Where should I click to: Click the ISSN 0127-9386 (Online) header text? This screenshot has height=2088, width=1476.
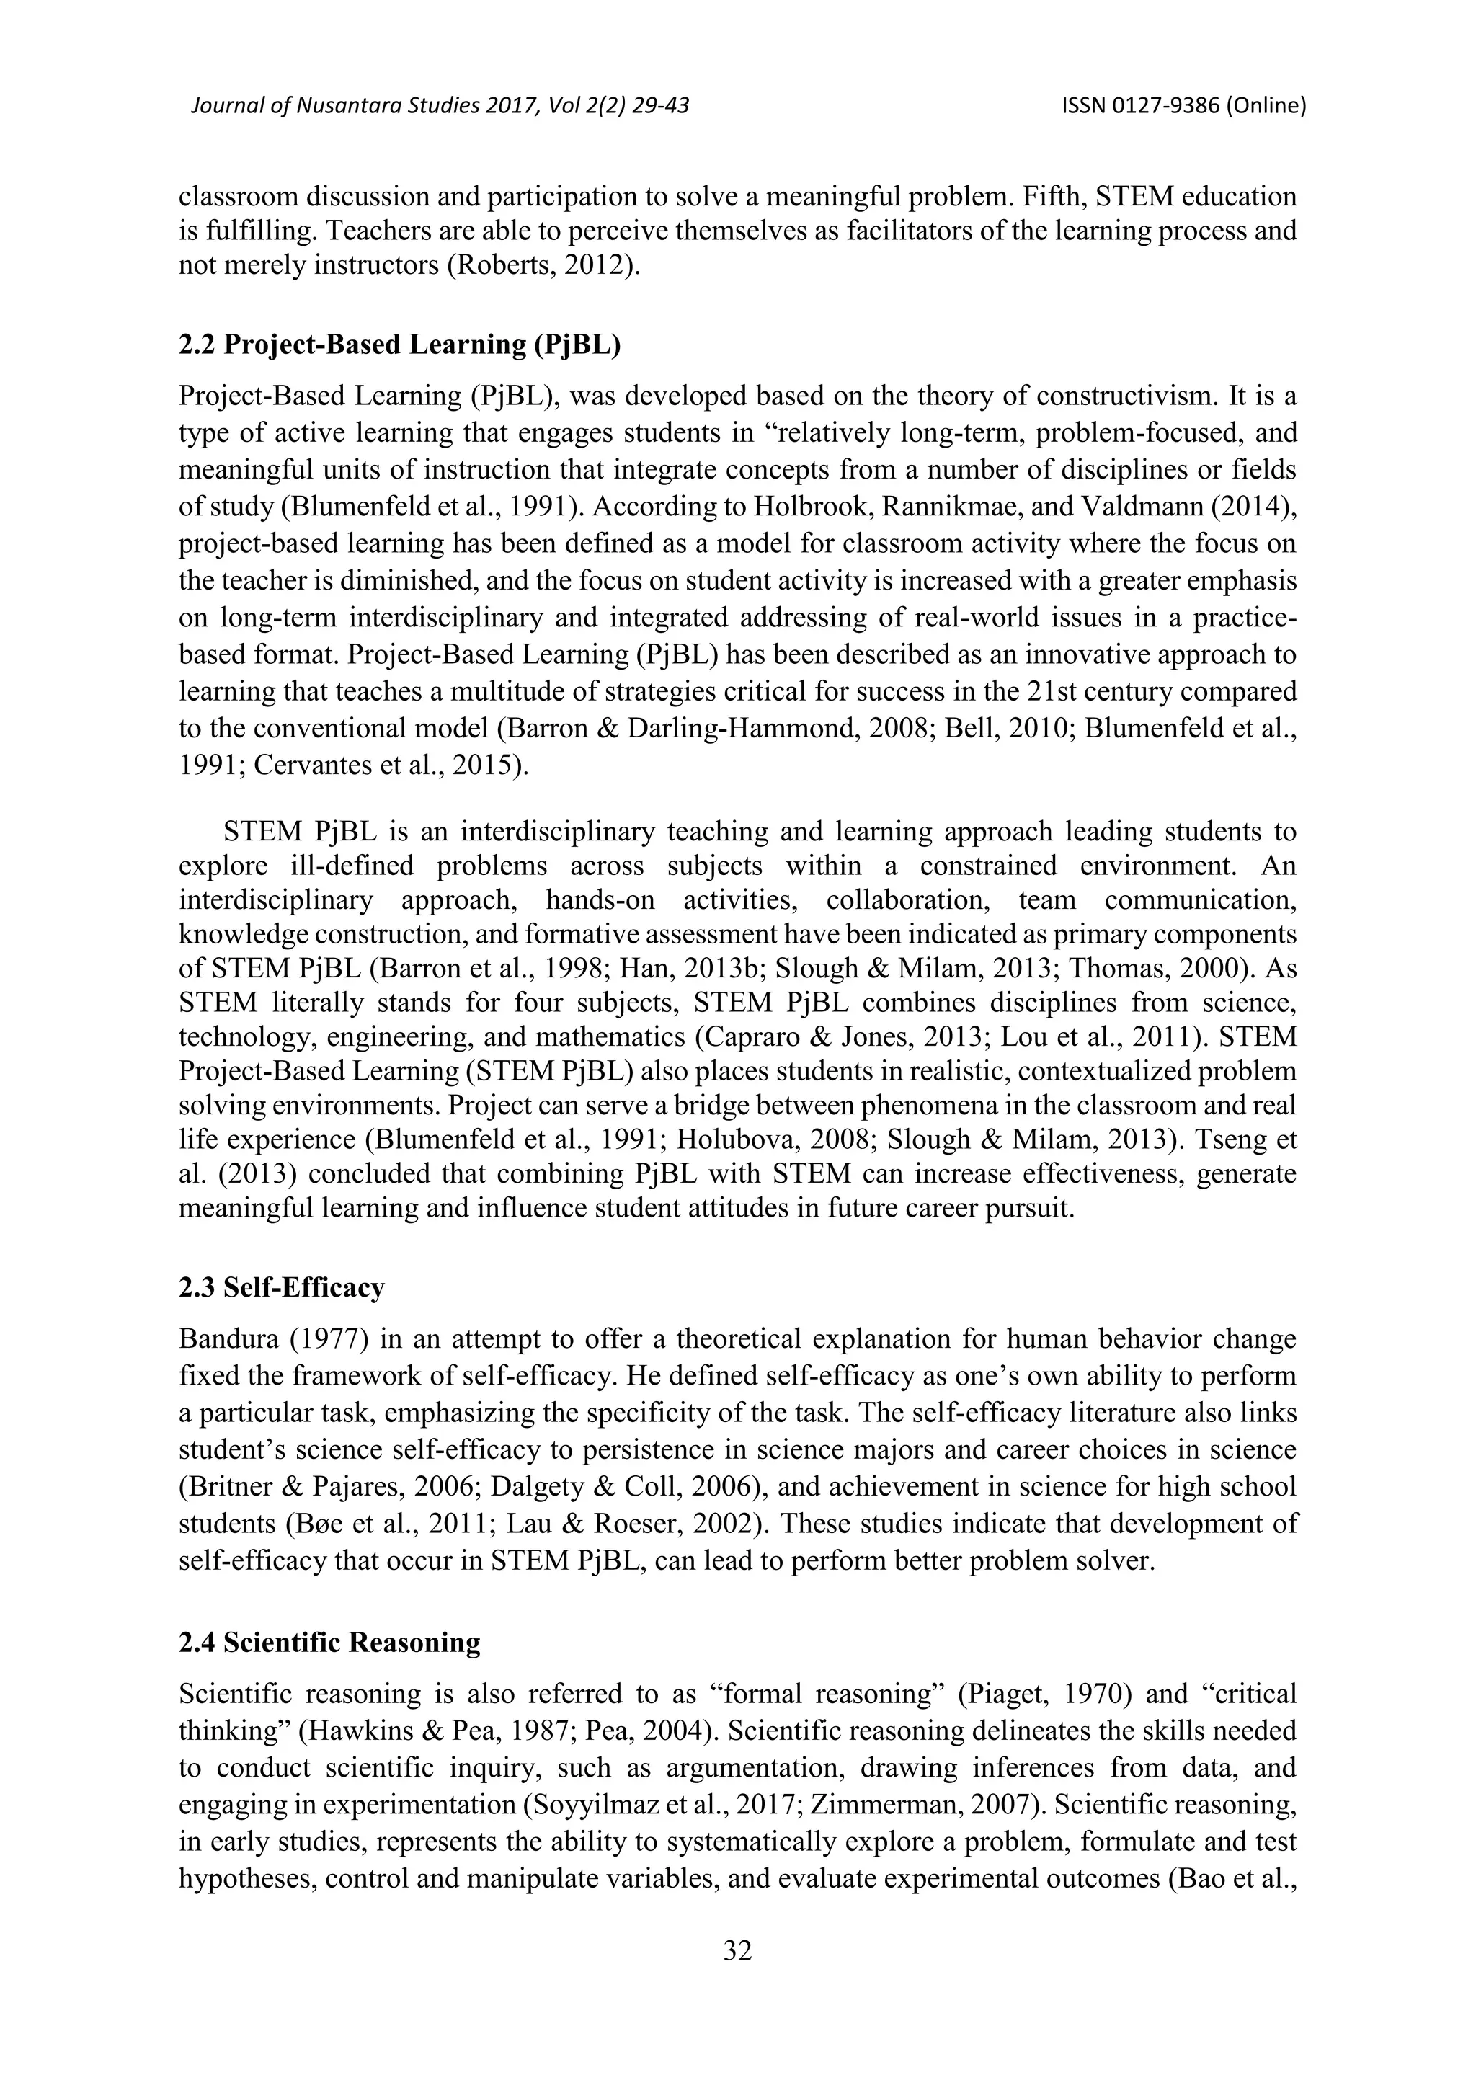point(1183,107)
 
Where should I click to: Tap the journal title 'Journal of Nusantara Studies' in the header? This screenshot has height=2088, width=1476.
point(348,107)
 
